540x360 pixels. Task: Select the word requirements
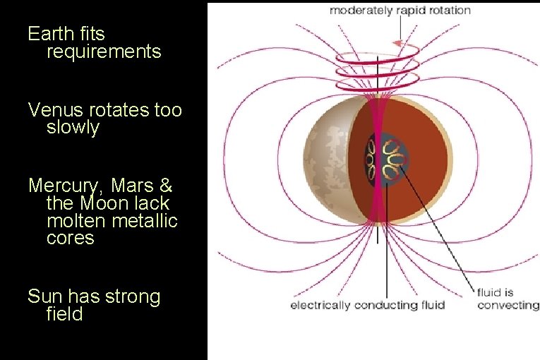click(104, 52)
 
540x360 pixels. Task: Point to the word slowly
click(73, 128)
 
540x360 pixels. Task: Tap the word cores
click(70, 238)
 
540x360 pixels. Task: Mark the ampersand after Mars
click(166, 186)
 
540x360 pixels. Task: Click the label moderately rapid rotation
click(400, 11)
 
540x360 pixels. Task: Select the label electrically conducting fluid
click(368, 305)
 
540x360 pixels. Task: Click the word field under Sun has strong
click(64, 314)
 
